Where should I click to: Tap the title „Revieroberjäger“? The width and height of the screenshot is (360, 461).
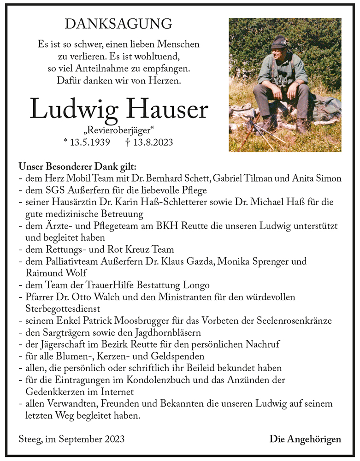[x=119, y=130]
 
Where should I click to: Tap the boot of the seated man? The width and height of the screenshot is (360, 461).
[x=302, y=126]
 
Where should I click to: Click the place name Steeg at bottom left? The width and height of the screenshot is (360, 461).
[x=30, y=439]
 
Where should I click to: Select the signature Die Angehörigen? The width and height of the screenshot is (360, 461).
[x=305, y=439]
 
